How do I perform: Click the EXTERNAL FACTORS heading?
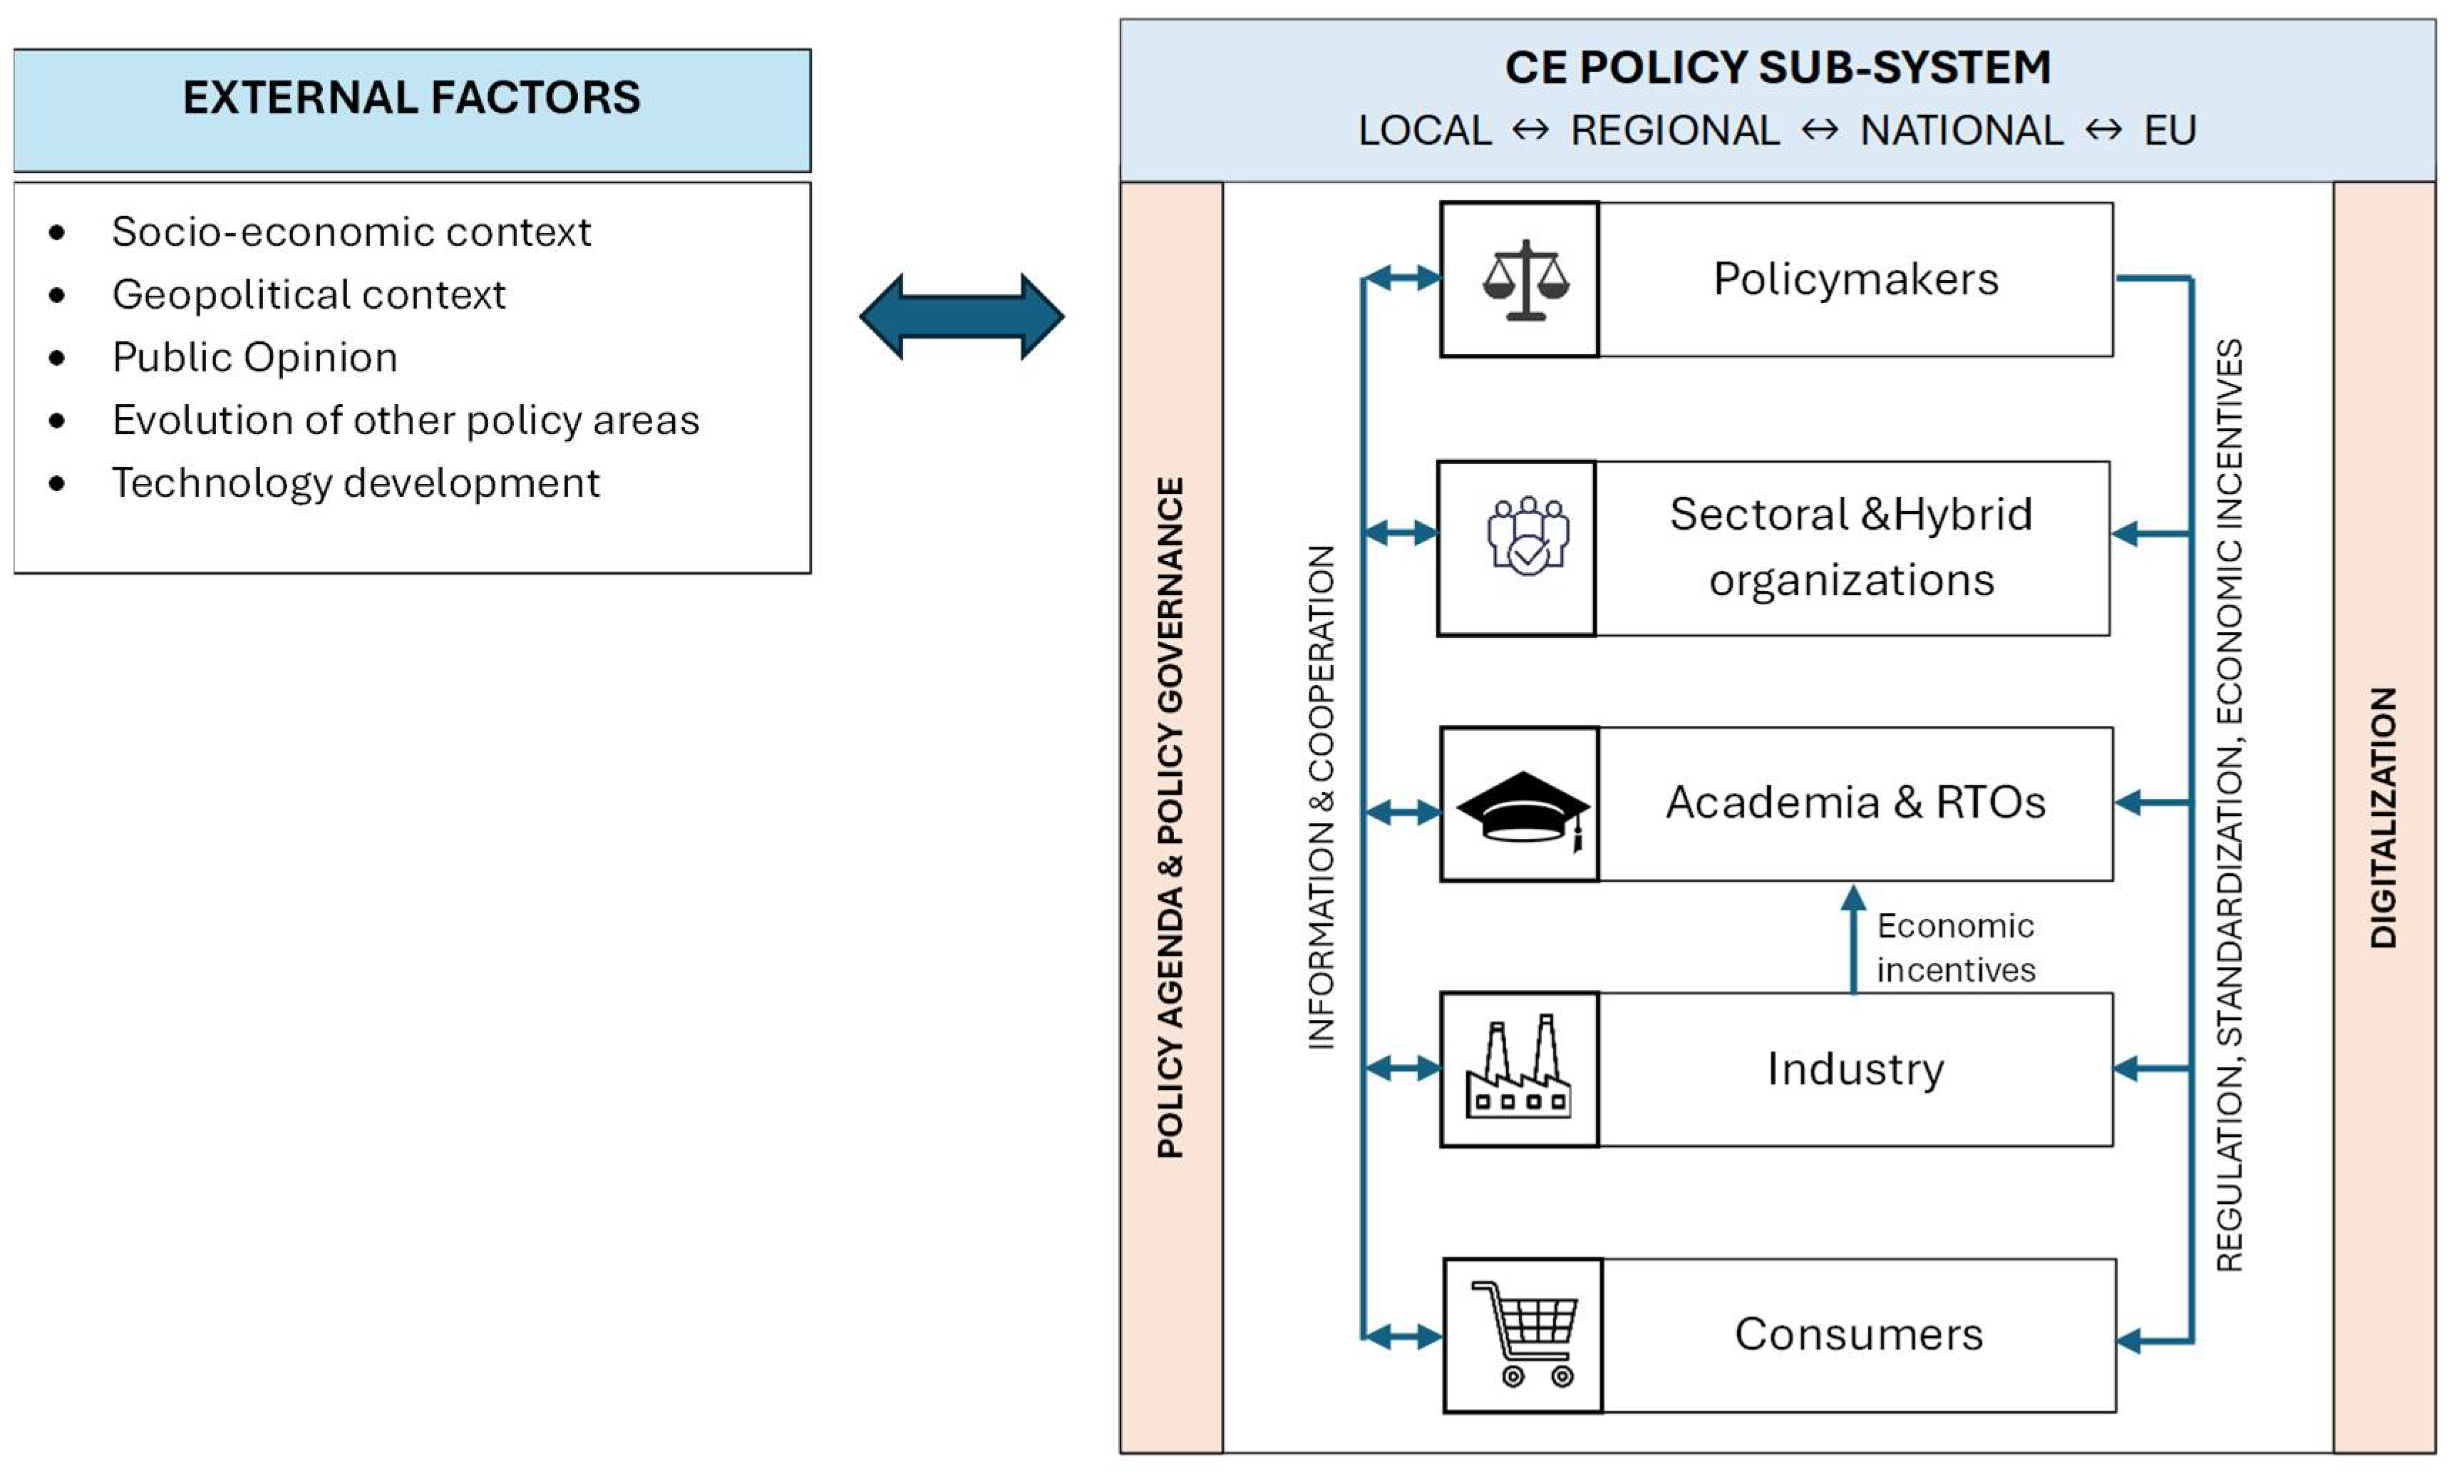[411, 98]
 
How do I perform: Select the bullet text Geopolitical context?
[308, 295]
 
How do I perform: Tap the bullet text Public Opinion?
[254, 358]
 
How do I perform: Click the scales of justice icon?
[1525, 280]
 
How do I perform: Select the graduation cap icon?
[1522, 808]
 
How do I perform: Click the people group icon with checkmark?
[1527, 537]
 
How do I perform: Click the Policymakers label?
[1855, 279]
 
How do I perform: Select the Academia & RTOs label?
[1855, 803]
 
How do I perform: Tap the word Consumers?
[1858, 1334]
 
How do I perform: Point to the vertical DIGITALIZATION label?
[2383, 816]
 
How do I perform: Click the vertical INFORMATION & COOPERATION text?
[1321, 797]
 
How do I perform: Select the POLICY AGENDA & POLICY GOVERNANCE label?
[1171, 816]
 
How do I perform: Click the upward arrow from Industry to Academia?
[1852, 939]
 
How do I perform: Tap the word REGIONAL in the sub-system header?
[1674, 131]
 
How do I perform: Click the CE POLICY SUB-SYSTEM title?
[1777, 68]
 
